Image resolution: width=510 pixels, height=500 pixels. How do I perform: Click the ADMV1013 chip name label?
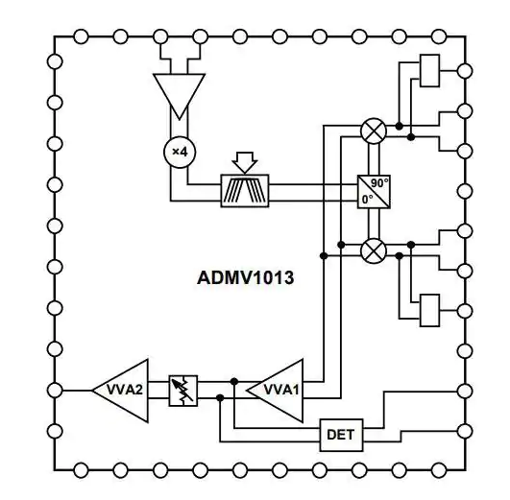[246, 278]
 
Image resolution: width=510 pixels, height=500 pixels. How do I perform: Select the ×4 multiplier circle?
[180, 152]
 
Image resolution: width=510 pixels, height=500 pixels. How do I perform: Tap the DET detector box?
[341, 435]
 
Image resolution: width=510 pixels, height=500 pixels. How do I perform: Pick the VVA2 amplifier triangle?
[121, 391]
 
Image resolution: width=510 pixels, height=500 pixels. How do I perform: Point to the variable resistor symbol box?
[183, 391]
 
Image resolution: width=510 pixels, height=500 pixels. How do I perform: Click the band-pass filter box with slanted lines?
[245, 191]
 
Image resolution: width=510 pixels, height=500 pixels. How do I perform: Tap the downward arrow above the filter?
[245, 162]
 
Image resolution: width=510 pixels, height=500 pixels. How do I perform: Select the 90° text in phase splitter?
[379, 183]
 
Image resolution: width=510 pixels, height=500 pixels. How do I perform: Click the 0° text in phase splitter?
[367, 200]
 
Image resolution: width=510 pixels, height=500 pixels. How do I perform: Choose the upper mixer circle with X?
[374, 131]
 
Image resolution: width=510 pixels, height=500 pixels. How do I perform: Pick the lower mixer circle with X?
[374, 250]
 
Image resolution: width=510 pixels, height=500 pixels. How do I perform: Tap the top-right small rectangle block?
[429, 71]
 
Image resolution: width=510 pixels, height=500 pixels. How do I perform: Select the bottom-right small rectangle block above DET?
[429, 310]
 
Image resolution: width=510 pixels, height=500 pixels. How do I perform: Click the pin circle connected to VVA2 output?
[55, 391]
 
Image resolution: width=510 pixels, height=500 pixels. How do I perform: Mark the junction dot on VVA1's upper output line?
[233, 381]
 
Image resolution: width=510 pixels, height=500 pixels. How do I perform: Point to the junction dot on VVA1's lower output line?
[220, 397]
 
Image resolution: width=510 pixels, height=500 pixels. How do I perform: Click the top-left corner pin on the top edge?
[81, 36]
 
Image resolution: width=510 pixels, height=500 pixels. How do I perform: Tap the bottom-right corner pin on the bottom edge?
[438, 470]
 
